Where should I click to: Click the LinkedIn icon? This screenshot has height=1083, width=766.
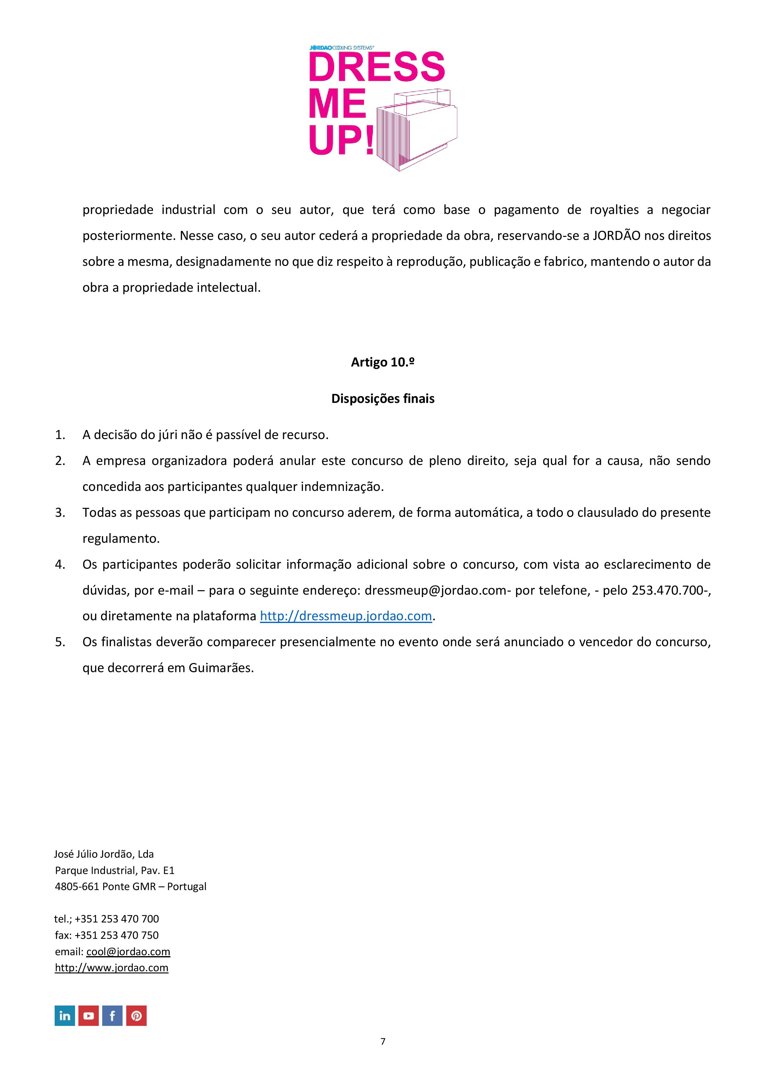65,1016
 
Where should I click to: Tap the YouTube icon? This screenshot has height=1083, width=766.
89,1016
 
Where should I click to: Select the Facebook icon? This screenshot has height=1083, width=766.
112,1016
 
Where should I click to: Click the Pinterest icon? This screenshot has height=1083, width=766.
136,1016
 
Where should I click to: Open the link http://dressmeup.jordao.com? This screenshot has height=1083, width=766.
346,616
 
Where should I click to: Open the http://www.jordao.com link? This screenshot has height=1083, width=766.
111,968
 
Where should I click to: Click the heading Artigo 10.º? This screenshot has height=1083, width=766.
383,362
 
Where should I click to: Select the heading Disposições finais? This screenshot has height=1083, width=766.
383,399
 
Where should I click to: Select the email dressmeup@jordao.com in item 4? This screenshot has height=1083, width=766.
435,590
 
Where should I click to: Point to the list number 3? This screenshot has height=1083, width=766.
60,513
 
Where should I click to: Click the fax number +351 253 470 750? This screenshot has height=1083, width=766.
116,935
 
